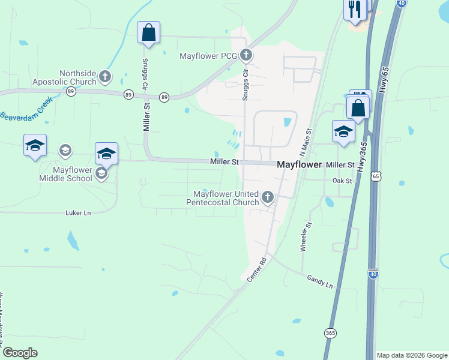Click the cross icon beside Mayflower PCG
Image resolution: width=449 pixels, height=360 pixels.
[x=246, y=56]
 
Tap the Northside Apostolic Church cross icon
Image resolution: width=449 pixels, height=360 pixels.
[x=105, y=76]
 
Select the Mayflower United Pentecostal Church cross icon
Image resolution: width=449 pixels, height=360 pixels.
[x=268, y=196]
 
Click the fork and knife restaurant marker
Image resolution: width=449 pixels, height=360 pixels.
[x=355, y=10]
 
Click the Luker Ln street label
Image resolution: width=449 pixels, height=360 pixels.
[x=78, y=213]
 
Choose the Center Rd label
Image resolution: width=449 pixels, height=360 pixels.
[x=256, y=270]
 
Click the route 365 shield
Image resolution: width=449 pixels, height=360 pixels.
[x=330, y=332]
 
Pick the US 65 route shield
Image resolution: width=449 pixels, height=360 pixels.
[x=376, y=176]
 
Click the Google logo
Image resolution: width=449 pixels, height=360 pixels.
[x=20, y=353]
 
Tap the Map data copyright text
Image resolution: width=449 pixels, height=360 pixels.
[x=412, y=355]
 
